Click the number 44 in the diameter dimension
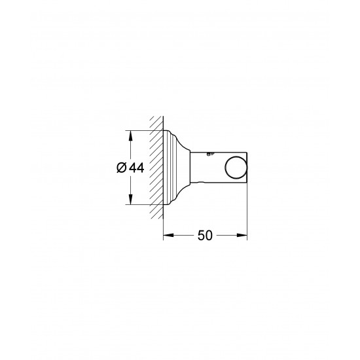coord(136,168)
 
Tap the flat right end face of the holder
coord(247,168)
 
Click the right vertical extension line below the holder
coord(247,209)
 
